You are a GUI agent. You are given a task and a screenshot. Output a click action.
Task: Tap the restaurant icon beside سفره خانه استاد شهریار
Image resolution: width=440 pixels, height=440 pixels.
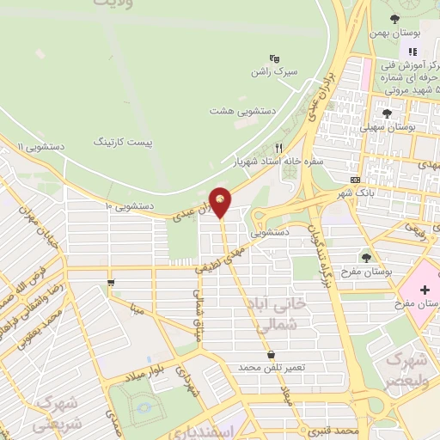click(x=278, y=147)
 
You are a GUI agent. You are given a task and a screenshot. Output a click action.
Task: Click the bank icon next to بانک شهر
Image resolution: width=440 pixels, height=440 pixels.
click(x=356, y=179)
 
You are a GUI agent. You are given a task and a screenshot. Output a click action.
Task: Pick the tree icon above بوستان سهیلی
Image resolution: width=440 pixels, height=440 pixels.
click(x=388, y=112)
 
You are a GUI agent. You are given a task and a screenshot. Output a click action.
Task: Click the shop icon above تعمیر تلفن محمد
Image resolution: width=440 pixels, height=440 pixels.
click(x=272, y=354)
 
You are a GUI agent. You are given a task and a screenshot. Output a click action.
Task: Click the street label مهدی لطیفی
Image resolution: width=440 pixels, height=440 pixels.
click(x=221, y=259)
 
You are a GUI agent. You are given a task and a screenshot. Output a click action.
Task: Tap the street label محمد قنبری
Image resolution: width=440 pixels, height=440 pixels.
click(x=331, y=427)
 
